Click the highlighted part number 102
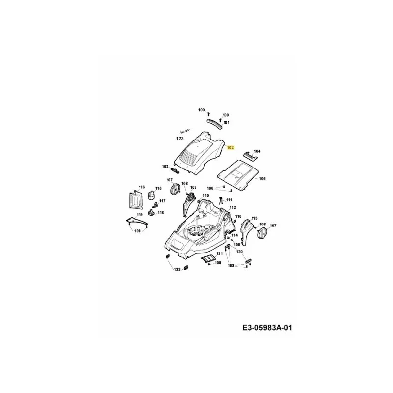pos(230,148)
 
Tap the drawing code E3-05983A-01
pos(267,328)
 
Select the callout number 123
pos(180,139)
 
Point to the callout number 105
pos(262,179)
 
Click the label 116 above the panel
pos(142,187)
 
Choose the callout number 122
pos(177,269)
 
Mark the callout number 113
pos(254,218)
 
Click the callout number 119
pos(140,215)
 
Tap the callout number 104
pos(257,151)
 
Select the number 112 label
pos(233,207)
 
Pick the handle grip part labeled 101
pos(215,123)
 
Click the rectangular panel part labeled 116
pos(136,200)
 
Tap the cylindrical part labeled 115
pos(151,196)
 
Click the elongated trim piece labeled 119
pos(138,221)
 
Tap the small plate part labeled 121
pos(208,259)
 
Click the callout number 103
pos(165,167)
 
